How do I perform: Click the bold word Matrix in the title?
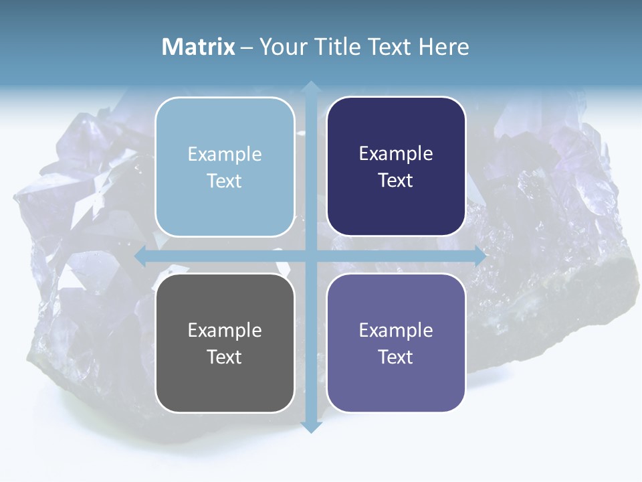(x=199, y=47)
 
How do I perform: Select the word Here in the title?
(x=443, y=47)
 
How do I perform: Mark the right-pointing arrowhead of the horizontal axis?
(x=479, y=256)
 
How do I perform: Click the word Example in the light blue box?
(x=225, y=154)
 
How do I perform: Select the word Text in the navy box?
(x=396, y=181)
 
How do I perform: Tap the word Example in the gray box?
(x=225, y=330)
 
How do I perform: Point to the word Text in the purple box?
(x=396, y=357)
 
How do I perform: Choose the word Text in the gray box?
(x=225, y=357)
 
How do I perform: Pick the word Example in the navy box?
(x=396, y=153)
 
